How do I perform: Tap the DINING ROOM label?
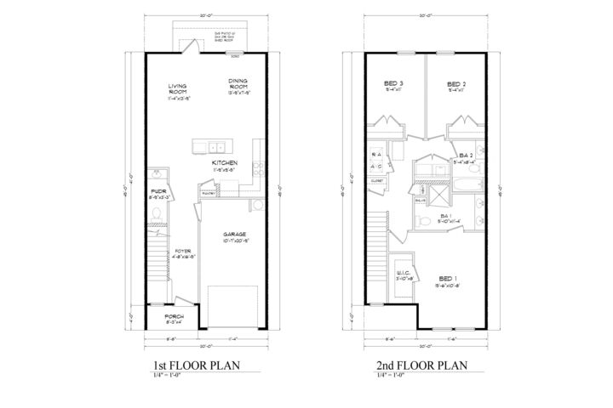pyautogui.click(x=238, y=83)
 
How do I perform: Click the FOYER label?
pyautogui.click(x=183, y=252)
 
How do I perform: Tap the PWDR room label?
pyautogui.click(x=158, y=192)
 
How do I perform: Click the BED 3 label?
pyautogui.click(x=393, y=83)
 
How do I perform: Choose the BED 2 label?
pyautogui.click(x=458, y=83)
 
